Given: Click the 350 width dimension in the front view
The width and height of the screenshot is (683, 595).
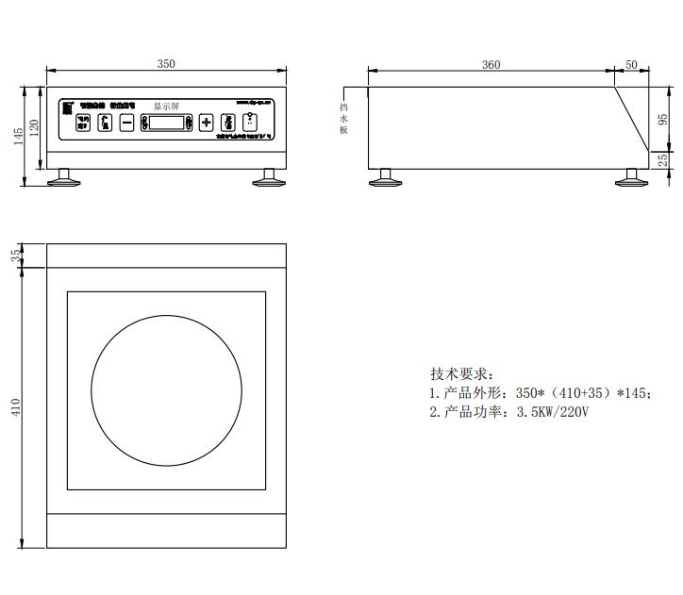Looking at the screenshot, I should (166, 64).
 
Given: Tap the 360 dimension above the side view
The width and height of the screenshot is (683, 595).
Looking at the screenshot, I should (491, 65).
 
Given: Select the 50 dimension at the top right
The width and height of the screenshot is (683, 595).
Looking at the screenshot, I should (631, 65).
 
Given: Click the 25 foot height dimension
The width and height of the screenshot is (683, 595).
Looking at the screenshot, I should (662, 161).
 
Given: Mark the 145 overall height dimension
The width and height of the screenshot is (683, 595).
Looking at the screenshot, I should (18, 136).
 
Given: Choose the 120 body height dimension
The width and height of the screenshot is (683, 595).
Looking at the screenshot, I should (35, 127).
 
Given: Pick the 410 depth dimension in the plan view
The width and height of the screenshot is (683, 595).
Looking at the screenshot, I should (15, 407).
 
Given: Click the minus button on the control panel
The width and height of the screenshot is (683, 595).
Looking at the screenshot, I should (126, 123).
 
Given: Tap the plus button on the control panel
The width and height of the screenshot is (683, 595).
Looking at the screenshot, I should (207, 123).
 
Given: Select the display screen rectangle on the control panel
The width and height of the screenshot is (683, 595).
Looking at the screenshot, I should (167, 123).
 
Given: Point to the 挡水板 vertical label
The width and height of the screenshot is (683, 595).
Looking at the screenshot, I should (344, 118).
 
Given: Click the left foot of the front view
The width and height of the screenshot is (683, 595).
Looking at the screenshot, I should (65, 176).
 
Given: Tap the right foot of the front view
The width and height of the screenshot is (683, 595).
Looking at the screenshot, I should (268, 176).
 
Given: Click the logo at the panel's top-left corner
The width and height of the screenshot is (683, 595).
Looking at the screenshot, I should (68, 106).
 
